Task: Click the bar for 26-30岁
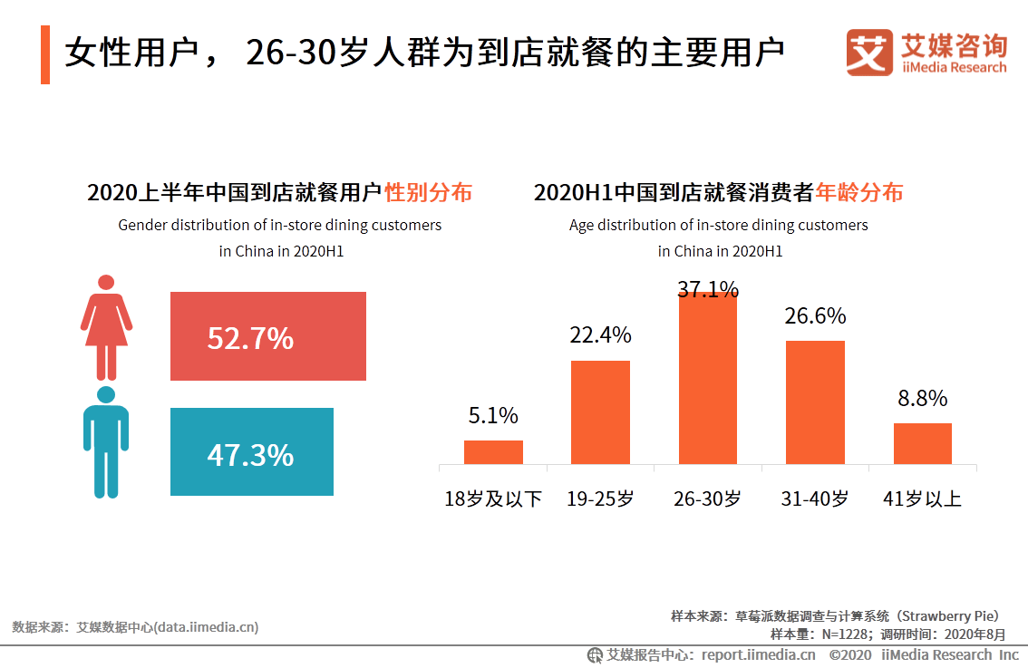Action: coord(708,379)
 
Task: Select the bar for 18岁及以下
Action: coord(493,452)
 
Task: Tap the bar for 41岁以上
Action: coord(922,444)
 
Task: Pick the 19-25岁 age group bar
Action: coord(599,412)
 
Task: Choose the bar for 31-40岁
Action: coord(815,402)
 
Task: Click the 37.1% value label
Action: coord(708,289)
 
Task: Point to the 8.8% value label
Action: coord(922,399)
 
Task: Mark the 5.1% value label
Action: coord(493,416)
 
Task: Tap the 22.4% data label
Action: coord(600,335)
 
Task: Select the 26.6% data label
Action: coord(815,315)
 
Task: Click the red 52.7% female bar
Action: coord(267,336)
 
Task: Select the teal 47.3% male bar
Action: coord(251,451)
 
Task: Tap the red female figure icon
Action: coord(107,327)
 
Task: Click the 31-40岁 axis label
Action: coord(815,499)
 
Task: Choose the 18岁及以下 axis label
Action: coord(493,499)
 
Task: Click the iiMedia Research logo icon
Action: coord(868,53)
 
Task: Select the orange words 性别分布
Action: coord(428,192)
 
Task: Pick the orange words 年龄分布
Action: coord(858,192)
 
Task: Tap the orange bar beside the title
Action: coord(45,55)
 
